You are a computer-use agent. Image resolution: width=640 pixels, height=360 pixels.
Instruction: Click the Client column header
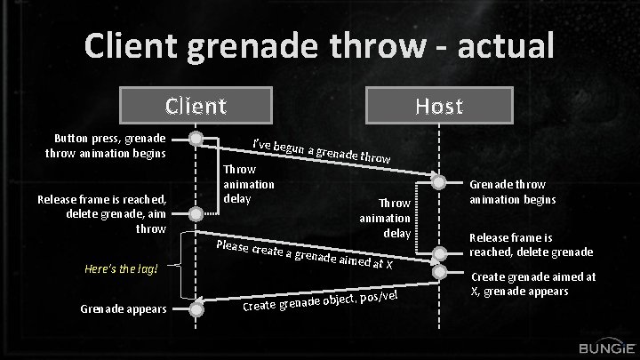[196, 106]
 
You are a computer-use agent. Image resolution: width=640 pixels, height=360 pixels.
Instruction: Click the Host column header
[438, 106]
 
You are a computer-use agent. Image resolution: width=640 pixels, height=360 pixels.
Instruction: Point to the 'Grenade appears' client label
[123, 308]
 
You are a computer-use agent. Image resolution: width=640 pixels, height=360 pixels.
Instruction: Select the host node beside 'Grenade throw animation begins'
[439, 182]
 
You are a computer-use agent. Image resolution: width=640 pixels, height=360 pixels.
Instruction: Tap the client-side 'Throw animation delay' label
[248, 183]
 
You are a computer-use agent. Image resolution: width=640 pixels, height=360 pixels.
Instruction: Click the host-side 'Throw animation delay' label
[385, 218]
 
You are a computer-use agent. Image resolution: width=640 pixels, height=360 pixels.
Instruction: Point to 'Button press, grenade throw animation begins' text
[109, 146]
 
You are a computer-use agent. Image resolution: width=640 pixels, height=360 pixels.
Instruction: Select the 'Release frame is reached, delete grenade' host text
[531, 245]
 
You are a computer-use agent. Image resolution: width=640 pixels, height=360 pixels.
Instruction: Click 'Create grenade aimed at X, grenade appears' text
[532, 284]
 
